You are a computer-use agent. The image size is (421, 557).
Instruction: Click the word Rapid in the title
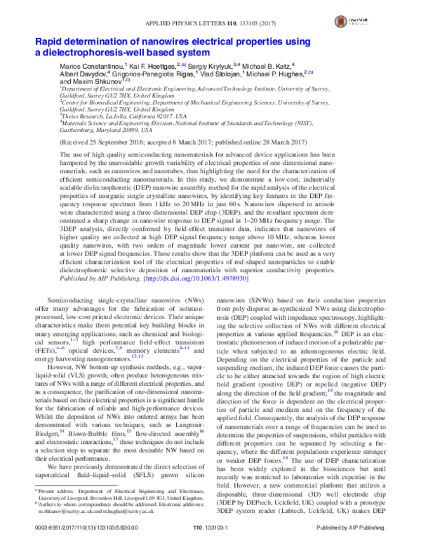pos(50,42)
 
